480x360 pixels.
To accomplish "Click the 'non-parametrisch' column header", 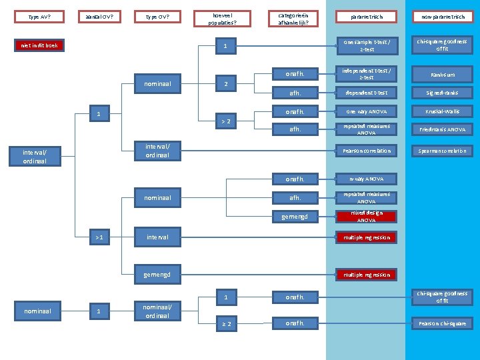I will click(x=443, y=17).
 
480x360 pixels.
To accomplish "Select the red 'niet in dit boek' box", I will click(x=39, y=46).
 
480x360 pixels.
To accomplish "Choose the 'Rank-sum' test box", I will click(x=443, y=75).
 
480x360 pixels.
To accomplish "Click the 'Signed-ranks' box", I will click(x=443, y=93).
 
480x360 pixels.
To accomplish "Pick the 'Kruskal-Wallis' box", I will click(x=443, y=111).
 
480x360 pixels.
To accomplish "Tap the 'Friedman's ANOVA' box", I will click(x=443, y=129).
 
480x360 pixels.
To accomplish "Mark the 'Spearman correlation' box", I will click(x=443, y=151).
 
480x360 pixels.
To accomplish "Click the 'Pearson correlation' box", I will click(x=366, y=151).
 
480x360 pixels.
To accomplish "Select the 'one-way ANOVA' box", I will click(x=366, y=111).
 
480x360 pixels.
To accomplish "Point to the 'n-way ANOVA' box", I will click(x=366, y=179).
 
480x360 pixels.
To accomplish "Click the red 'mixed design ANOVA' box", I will click(x=366, y=216).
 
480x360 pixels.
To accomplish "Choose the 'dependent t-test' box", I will click(x=366, y=93).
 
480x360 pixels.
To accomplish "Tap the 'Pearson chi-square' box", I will click(x=443, y=323).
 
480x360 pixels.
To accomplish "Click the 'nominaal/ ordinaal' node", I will click(x=157, y=311).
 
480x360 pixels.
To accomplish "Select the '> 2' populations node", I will click(x=227, y=121).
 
